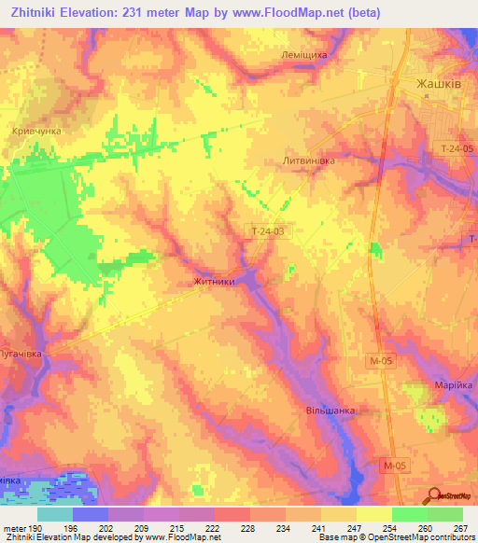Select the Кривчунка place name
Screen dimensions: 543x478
37,132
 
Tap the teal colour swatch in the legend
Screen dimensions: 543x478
55,514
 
